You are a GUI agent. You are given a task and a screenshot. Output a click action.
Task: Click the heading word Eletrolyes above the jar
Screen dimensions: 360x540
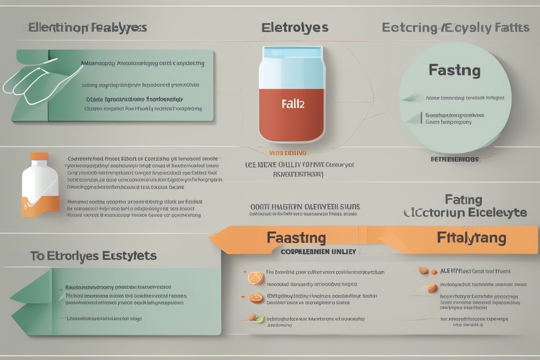(295, 28)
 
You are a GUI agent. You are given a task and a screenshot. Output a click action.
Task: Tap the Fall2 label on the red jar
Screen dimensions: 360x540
(293, 104)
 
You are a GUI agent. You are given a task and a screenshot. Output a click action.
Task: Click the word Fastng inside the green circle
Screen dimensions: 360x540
(454, 71)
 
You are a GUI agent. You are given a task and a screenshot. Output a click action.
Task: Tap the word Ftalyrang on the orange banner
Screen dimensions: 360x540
(471, 237)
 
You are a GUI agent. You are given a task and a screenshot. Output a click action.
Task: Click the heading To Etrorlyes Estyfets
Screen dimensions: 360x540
(94, 256)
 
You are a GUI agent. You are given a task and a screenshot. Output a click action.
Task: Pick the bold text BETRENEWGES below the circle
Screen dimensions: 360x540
(454, 159)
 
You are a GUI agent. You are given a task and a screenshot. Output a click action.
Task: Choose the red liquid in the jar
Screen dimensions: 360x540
(292, 112)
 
